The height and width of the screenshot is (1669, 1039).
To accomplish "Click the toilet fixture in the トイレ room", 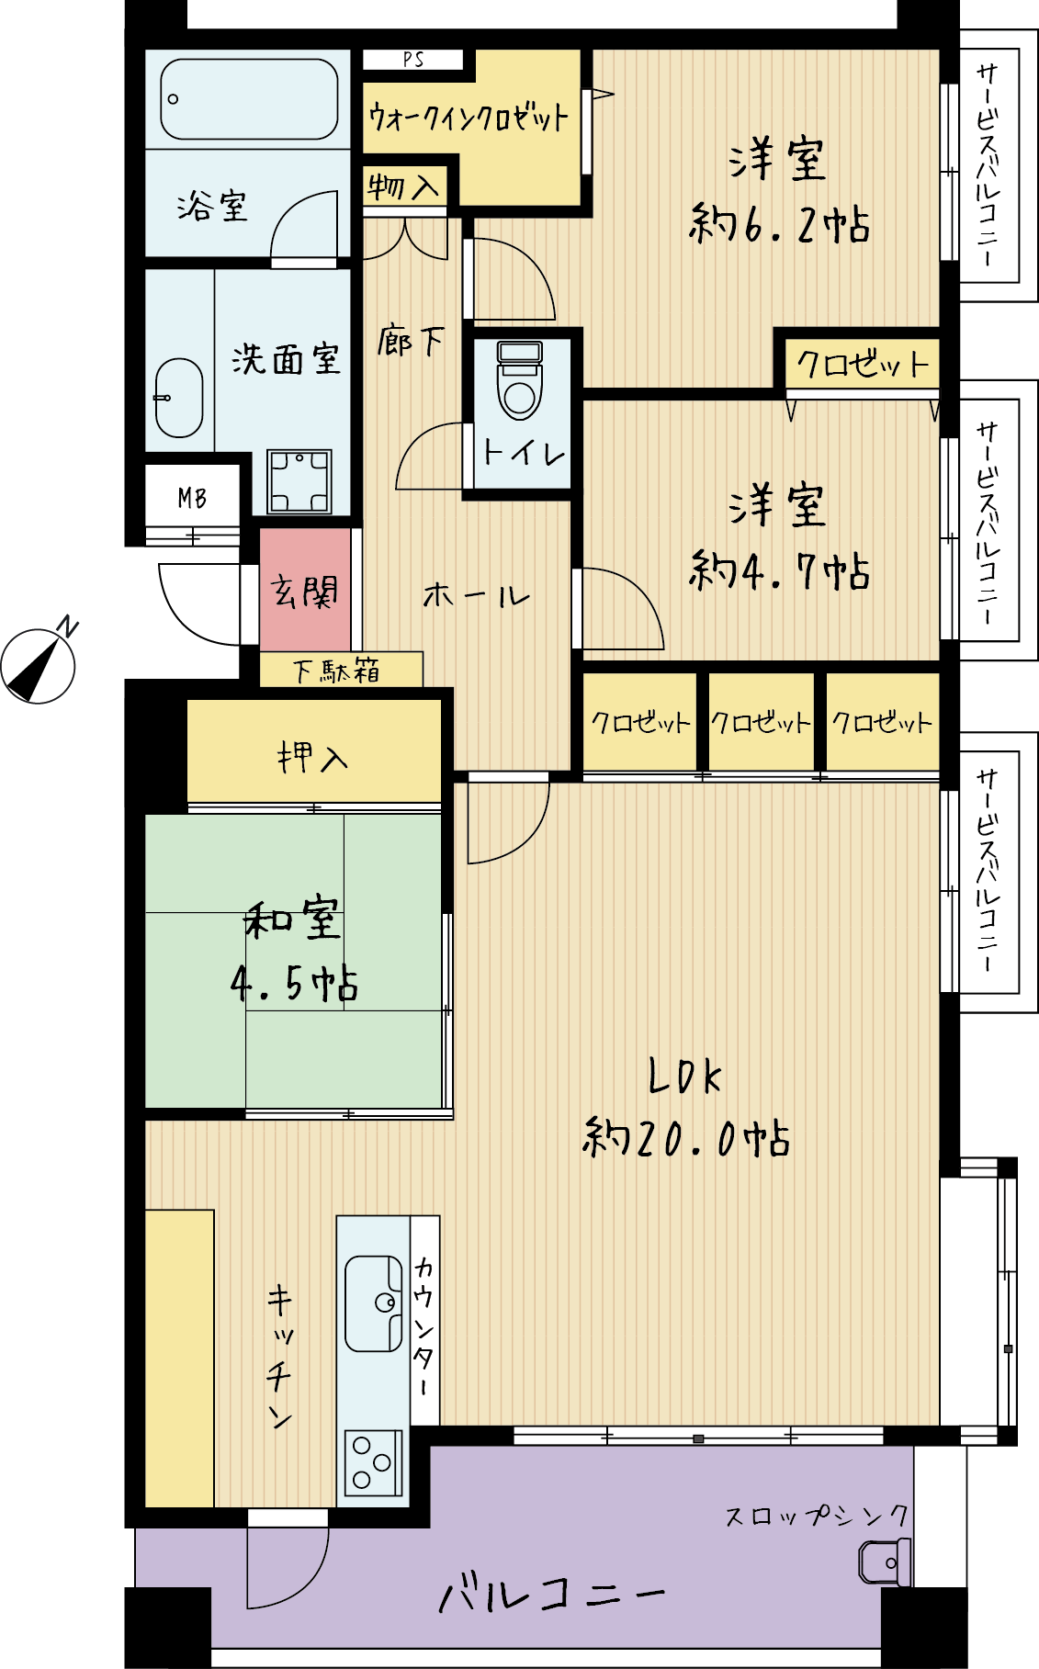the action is pos(520,379).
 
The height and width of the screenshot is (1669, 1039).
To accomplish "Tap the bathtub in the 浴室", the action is pos(249,99).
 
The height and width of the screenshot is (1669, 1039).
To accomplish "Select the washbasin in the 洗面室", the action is pos(178,397).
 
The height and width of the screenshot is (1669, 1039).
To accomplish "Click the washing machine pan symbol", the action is pos(299,481).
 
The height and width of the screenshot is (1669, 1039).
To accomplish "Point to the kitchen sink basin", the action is pos(373,1302).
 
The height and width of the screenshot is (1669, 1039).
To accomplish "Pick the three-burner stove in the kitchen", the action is pos(373,1461).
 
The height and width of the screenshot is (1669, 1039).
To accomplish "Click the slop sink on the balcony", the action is pos(884,1562).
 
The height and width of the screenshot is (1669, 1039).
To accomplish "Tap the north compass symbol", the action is pos(39,664).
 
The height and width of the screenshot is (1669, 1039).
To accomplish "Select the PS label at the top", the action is pos(413,60).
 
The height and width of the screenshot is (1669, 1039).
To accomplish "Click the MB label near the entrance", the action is pos(192,499).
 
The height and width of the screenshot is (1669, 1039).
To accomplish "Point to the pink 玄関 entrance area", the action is pos(305,589).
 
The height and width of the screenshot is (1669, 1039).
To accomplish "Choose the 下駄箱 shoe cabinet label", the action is pos(336,671).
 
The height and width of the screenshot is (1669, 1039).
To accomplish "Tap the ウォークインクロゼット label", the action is pos(469,117).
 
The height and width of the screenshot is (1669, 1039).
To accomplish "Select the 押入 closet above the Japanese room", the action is pos(313,757).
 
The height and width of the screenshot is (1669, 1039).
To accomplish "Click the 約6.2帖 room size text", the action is pos(779,225).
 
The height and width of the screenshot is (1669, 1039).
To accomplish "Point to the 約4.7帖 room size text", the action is pos(779,571).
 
